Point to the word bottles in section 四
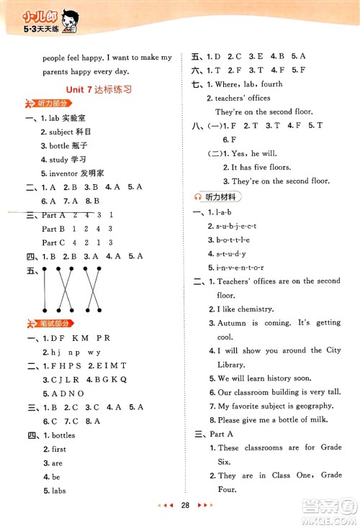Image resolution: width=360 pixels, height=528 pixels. click(x=63, y=435)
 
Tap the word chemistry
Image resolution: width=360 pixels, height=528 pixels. click(x=256, y=309)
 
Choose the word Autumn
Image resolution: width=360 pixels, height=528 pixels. click(x=233, y=323)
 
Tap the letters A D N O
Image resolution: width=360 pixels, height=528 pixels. click(x=66, y=393)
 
